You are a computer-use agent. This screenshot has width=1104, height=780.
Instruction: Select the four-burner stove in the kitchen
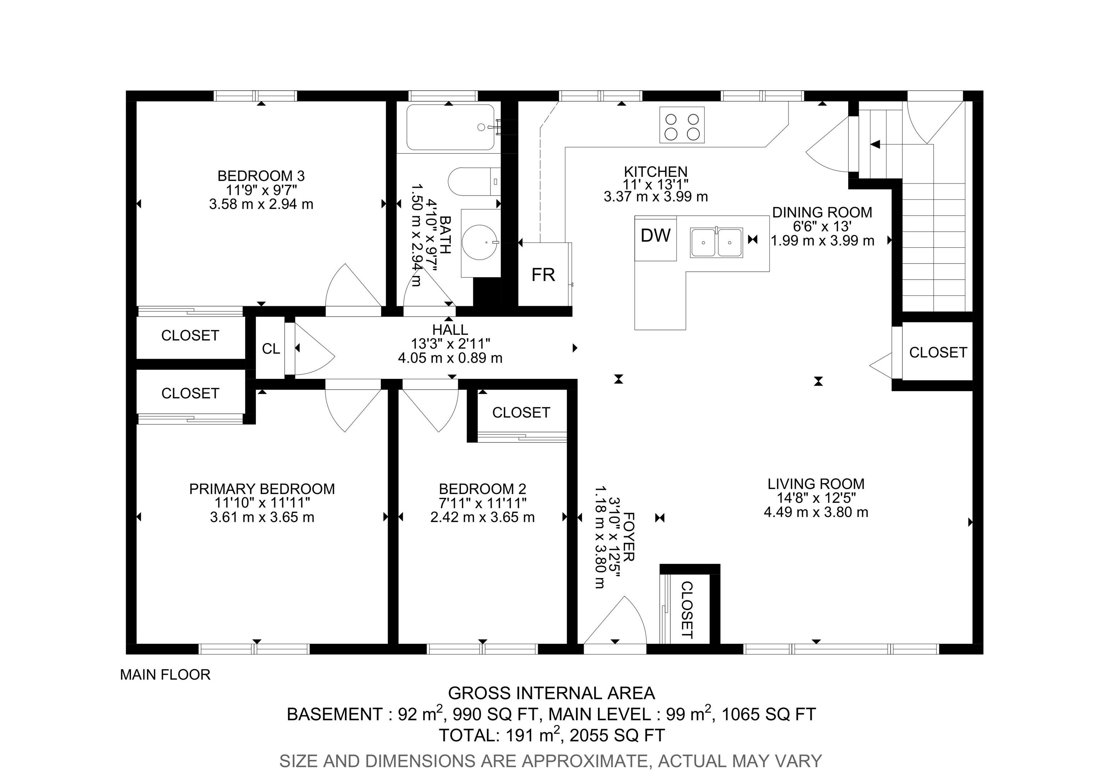(682, 125)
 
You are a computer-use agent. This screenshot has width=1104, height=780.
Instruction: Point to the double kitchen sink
(717, 243)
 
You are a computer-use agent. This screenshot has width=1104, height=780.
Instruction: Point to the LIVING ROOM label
(816, 484)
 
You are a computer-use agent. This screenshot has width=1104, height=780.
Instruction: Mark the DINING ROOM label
(822, 212)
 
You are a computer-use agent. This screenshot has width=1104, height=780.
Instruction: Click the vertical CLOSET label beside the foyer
(687, 610)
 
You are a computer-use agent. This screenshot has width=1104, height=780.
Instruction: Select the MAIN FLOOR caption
(165, 675)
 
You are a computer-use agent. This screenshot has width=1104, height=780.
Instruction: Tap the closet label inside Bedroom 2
(521, 413)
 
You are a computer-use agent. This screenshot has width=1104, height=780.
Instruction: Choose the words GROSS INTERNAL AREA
(552, 693)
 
